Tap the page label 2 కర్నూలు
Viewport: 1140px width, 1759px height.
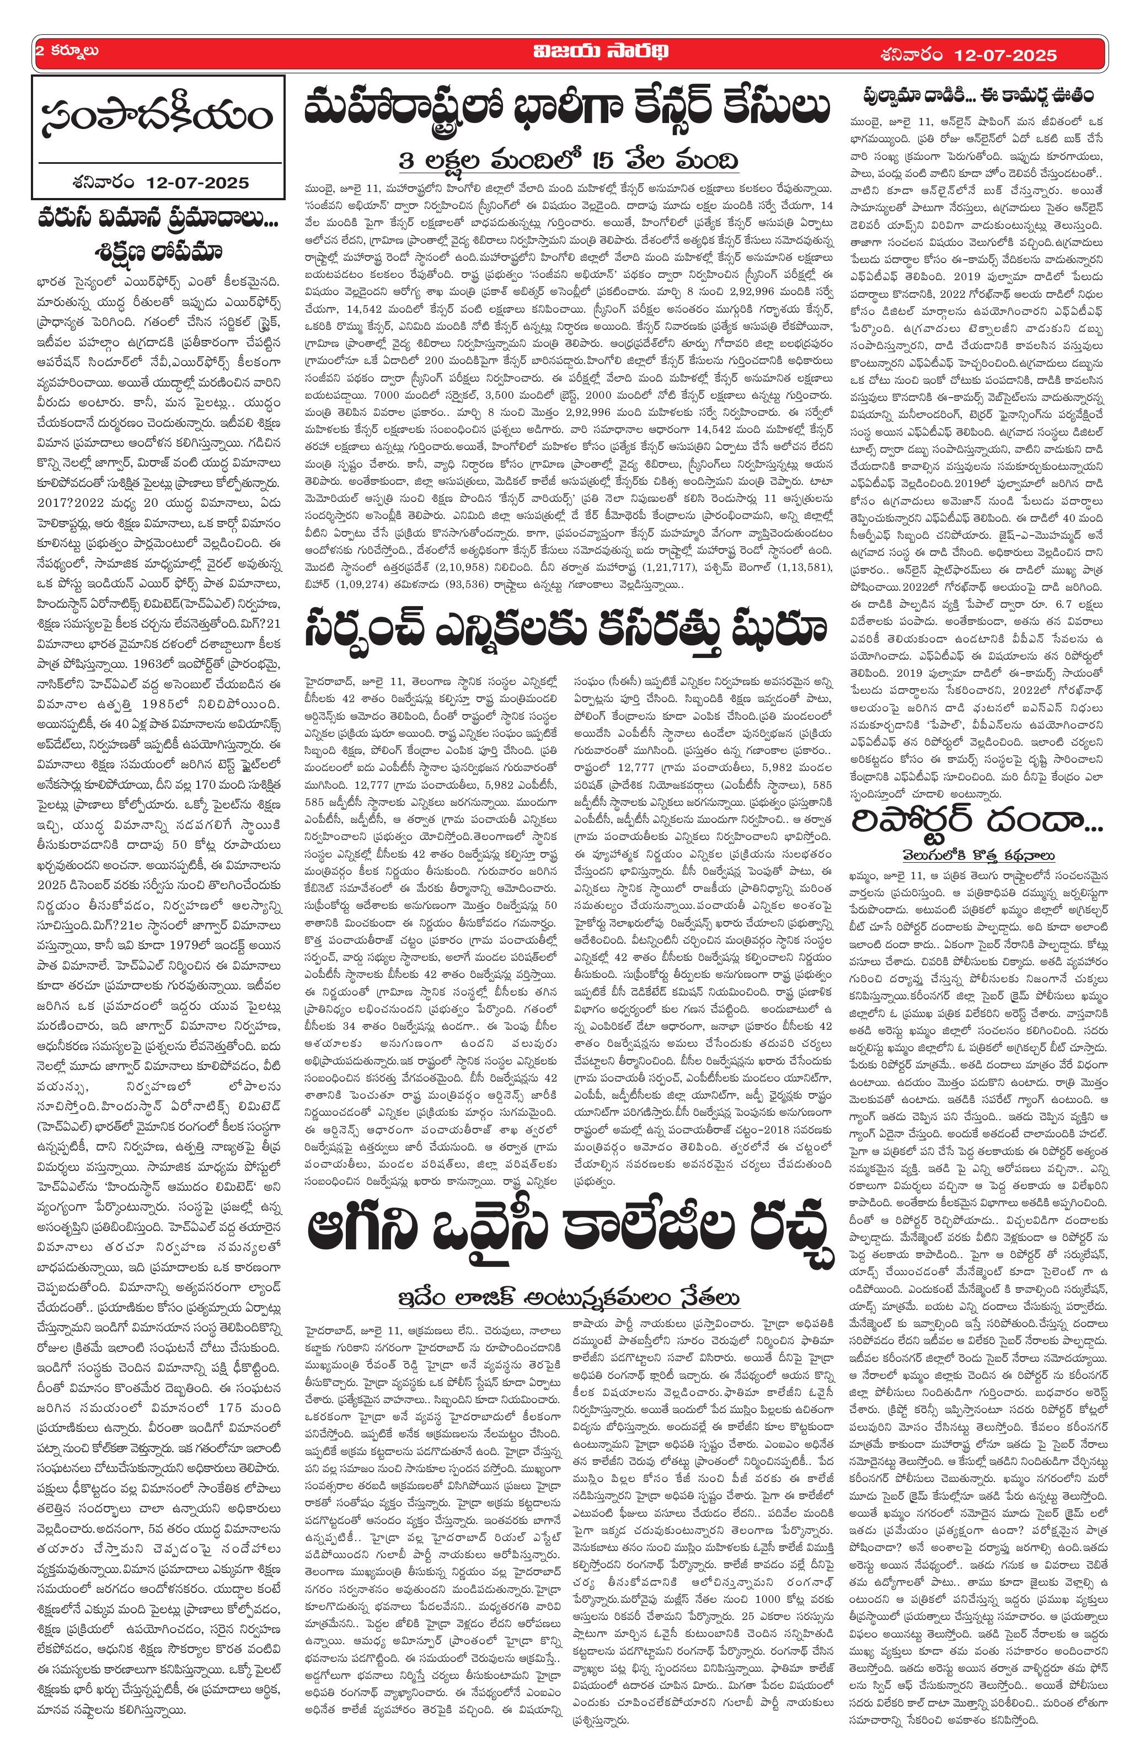[x=67, y=52]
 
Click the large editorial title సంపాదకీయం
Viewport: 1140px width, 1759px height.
[x=157, y=117]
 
